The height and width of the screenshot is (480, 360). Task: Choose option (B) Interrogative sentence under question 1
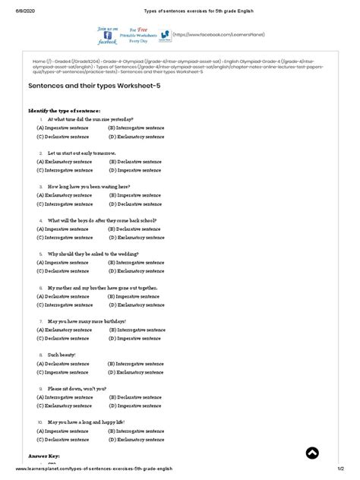click(135, 128)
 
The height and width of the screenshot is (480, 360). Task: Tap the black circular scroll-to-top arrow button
click(312, 453)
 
